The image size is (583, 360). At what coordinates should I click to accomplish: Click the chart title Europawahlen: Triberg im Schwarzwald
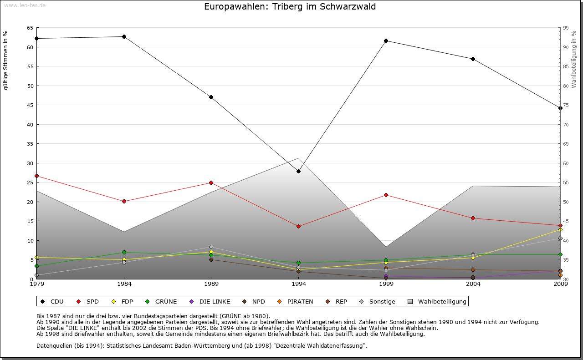click(x=290, y=7)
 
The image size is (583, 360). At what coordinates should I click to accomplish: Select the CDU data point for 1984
click(x=124, y=36)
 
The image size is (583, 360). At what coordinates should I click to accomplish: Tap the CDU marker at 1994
click(x=298, y=171)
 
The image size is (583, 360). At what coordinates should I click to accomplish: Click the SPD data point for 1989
click(x=211, y=183)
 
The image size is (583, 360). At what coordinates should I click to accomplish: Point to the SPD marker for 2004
click(x=473, y=218)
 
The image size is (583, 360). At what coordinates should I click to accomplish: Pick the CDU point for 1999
click(x=386, y=41)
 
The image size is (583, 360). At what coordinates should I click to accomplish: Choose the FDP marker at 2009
click(x=560, y=229)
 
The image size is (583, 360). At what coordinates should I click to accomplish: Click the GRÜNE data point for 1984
click(x=124, y=252)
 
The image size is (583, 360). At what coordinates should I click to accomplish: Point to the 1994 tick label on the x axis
click(x=298, y=284)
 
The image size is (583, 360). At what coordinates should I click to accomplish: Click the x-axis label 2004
click(x=473, y=284)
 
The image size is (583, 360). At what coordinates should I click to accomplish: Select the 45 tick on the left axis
click(x=30, y=105)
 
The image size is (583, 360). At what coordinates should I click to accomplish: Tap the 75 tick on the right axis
click(x=565, y=105)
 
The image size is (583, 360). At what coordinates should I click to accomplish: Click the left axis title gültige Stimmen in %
click(x=6, y=60)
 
